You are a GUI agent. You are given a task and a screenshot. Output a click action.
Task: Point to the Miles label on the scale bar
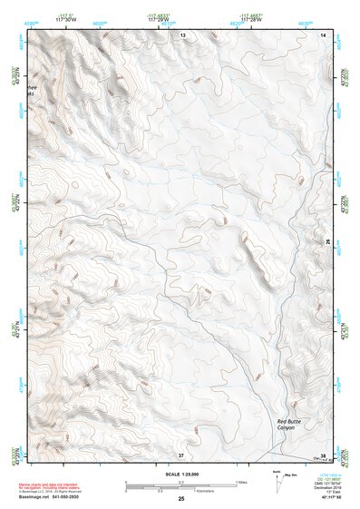(x=240, y=482)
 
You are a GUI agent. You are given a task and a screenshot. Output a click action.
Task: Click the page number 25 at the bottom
(x=181, y=499)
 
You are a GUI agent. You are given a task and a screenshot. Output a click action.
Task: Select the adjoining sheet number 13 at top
(x=182, y=34)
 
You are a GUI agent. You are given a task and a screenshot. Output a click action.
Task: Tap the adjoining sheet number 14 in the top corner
(x=325, y=34)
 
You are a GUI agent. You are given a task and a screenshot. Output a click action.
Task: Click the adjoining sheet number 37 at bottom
(x=181, y=454)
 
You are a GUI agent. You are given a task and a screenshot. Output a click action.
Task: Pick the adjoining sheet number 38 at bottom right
(x=324, y=454)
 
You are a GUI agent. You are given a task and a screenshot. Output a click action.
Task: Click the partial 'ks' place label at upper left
(x=33, y=93)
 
